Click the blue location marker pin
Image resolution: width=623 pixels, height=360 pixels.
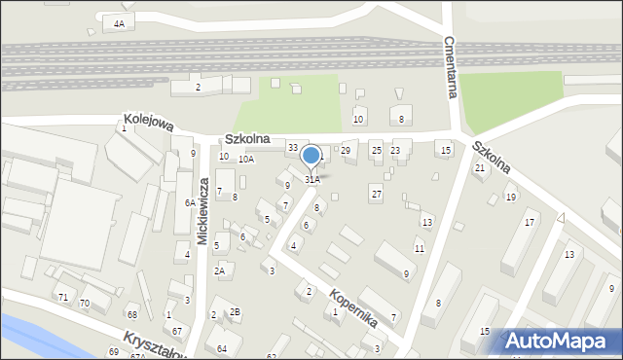[311, 157]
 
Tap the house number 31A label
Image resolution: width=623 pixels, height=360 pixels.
[311, 179]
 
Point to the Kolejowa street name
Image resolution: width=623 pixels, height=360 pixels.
[148, 123]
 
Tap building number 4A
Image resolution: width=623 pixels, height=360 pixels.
[119, 22]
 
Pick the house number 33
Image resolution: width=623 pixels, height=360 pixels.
[292, 148]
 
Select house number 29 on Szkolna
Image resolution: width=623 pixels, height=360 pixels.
[345, 150]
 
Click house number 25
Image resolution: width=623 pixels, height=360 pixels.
[376, 150]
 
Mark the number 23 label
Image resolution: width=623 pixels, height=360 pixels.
[394, 150]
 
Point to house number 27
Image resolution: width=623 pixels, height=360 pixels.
[376, 194]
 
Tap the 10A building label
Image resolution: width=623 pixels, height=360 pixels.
[246, 159]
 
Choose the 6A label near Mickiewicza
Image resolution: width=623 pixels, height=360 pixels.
[190, 203]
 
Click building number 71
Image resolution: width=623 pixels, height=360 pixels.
[63, 297]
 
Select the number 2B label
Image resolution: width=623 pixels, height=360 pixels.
[234, 311]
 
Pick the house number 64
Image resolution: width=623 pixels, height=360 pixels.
[222, 348]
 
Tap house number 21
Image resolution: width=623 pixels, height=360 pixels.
[479, 168]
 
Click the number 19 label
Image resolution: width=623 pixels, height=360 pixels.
[510, 198]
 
